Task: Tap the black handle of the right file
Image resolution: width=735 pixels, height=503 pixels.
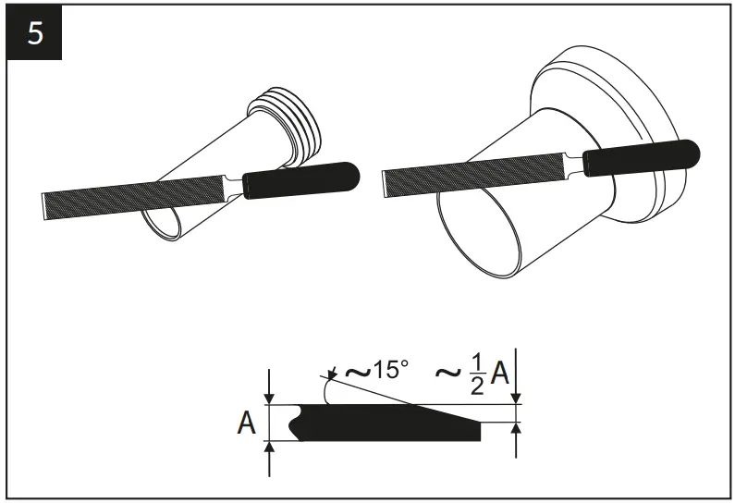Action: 643,157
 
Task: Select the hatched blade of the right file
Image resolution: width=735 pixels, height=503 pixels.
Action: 472,174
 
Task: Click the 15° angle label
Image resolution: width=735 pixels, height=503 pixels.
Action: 390,371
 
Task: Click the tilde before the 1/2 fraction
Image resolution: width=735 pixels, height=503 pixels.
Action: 448,374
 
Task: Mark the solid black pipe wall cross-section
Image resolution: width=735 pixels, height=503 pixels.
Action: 388,424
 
